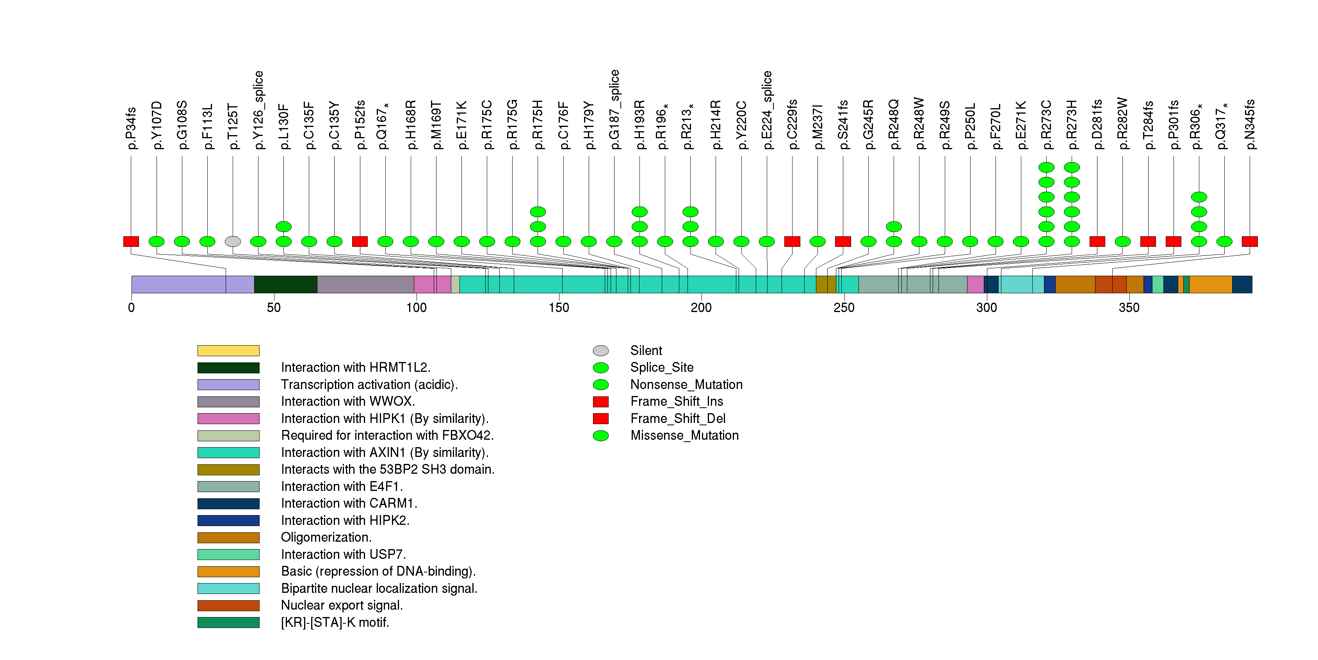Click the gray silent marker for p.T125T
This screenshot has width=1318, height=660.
(233, 241)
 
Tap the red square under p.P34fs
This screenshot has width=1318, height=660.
(131, 241)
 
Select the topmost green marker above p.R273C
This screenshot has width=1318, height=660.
(1046, 167)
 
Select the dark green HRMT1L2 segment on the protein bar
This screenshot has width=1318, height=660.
(285, 284)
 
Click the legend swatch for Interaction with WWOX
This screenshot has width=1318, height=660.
(228, 401)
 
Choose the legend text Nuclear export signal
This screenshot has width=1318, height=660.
(342, 605)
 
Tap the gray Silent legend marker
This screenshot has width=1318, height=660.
(601, 350)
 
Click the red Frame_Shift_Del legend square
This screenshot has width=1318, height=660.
(601, 419)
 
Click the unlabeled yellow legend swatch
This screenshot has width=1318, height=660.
(228, 350)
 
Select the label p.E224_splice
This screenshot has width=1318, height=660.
(766, 110)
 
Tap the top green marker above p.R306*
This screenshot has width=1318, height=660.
(1199, 197)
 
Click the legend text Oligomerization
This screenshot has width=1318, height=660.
(326, 537)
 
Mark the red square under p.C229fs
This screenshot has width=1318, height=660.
(792, 241)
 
